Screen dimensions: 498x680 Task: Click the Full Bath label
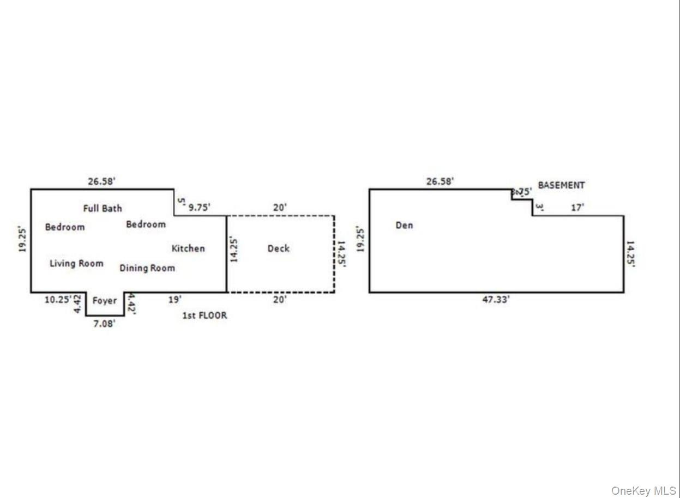click(x=103, y=208)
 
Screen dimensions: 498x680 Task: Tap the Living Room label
click(x=76, y=264)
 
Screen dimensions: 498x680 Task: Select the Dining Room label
click(x=147, y=268)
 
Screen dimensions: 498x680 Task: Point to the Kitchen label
click(x=188, y=248)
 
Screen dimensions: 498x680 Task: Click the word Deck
click(x=278, y=248)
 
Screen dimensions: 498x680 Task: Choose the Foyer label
click(x=105, y=301)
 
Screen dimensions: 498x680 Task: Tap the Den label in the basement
click(x=404, y=225)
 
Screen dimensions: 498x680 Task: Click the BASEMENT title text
click(x=561, y=185)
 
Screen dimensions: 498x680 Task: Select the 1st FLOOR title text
click(x=204, y=315)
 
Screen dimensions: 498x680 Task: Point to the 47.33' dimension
click(x=496, y=300)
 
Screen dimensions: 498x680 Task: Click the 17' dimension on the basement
click(x=577, y=208)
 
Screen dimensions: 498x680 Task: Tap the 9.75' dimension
click(x=199, y=207)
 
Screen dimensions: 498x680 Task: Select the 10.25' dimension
click(x=58, y=299)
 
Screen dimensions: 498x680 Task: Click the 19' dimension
click(x=174, y=299)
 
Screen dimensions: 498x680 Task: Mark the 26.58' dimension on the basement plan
click(x=440, y=181)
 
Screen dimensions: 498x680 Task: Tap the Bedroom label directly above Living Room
click(x=65, y=227)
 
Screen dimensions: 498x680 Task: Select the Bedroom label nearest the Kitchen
click(x=146, y=224)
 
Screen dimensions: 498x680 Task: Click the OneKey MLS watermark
click(x=643, y=491)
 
